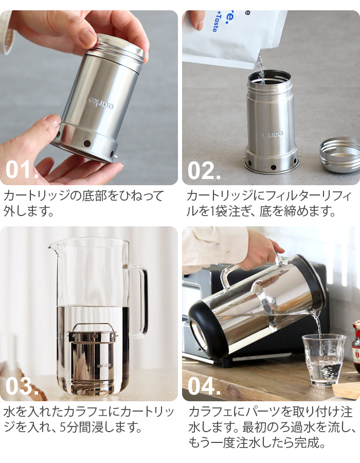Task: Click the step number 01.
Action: click(22, 170)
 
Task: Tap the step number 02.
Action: click(204, 170)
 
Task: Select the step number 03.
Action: click(22, 387)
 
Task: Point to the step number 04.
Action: click(204, 387)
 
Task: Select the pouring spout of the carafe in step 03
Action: click(53, 247)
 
